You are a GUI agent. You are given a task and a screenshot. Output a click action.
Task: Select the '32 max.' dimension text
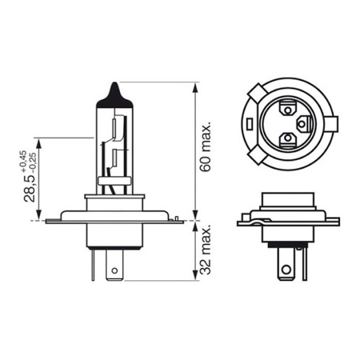point(205,250)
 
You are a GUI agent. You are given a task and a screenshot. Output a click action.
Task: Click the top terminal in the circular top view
point(289,109)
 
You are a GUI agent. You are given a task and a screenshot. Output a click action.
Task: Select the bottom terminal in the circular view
point(288,139)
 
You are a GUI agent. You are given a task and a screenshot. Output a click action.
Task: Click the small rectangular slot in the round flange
point(250,125)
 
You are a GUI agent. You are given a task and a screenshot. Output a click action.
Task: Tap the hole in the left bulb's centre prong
point(114,272)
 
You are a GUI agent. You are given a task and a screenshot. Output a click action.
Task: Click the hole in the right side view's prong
point(287,270)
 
